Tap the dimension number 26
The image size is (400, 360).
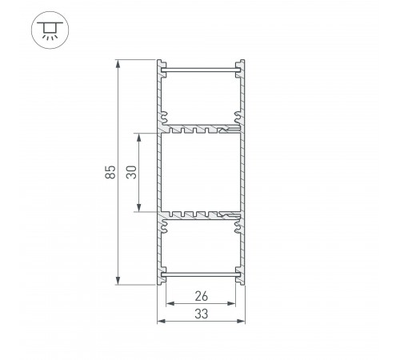(202, 296)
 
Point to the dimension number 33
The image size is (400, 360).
(202, 314)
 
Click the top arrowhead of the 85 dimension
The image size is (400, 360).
(118, 62)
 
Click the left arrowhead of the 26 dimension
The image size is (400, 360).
(168, 304)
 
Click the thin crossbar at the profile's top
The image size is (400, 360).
(201, 71)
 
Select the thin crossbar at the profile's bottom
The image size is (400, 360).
(201, 275)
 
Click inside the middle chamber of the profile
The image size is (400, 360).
(202, 171)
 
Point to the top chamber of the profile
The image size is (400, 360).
(202, 98)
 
